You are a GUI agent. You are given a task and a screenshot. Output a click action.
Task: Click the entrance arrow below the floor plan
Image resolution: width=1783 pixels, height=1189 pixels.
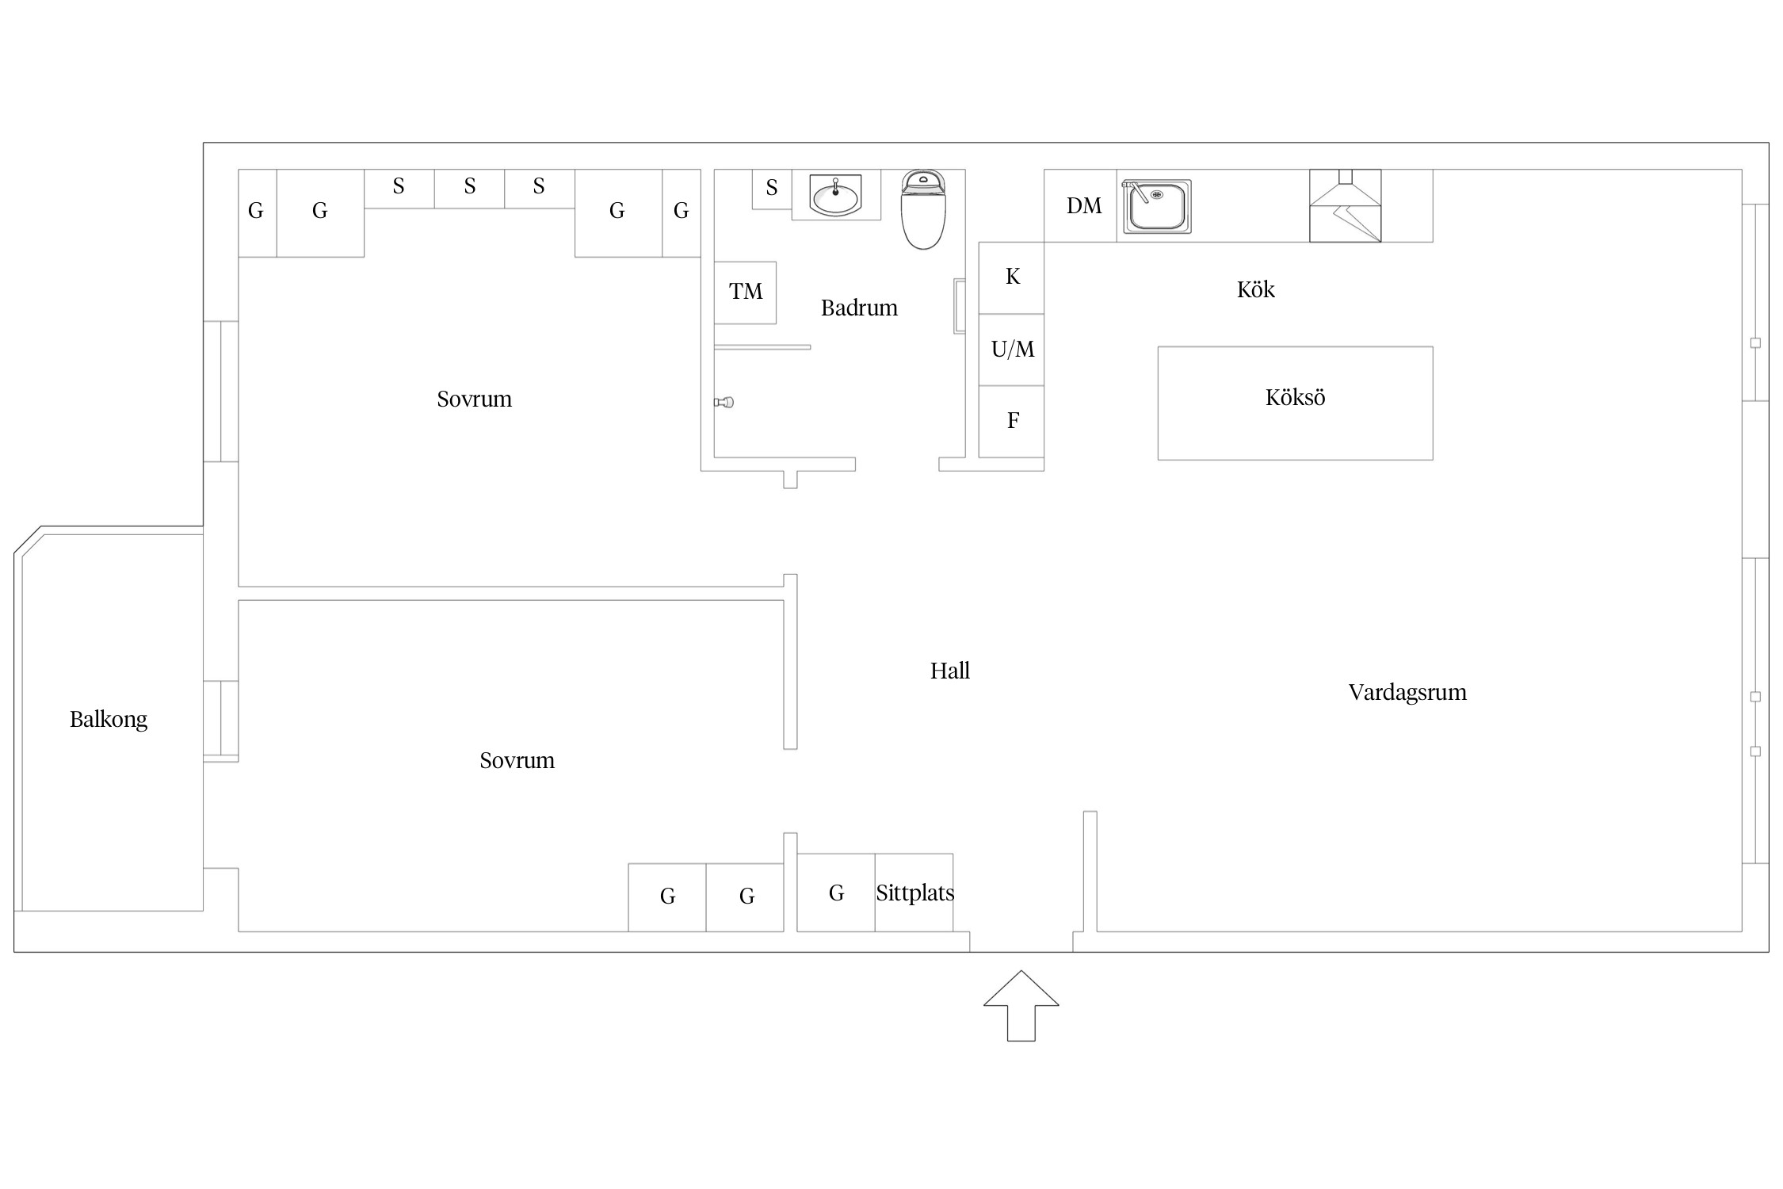1021,1005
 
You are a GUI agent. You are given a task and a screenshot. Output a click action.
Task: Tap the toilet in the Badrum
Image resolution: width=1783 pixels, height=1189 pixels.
923,209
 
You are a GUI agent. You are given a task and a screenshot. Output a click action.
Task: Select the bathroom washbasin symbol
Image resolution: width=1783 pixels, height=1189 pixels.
836,195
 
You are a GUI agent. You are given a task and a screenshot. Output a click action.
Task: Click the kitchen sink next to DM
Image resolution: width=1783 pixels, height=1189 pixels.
1157,207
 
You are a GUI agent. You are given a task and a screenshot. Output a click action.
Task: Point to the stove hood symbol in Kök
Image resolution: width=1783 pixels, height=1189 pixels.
1345,205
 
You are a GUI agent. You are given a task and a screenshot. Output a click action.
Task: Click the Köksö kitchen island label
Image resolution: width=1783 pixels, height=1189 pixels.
1295,397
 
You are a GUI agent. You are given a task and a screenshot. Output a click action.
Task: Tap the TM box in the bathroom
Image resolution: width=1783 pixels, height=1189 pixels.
745,292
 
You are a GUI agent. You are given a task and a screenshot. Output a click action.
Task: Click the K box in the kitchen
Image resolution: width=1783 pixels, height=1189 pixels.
1011,277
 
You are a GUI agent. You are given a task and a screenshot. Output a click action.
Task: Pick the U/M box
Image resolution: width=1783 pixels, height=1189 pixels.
1011,350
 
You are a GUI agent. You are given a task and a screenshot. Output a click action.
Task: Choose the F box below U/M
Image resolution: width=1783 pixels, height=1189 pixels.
1011,422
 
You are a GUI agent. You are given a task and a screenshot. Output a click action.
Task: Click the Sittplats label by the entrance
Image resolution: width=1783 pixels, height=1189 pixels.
914,893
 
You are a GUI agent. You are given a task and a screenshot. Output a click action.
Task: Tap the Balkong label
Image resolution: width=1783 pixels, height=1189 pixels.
109,720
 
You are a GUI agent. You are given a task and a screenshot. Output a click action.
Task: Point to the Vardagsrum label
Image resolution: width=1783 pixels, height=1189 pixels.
1407,693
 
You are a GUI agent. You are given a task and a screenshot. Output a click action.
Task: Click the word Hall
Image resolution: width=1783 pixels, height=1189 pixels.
949,671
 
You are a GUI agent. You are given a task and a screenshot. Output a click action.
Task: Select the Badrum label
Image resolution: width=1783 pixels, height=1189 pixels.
859,308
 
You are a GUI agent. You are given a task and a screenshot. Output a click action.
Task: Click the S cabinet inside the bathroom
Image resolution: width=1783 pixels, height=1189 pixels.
772,189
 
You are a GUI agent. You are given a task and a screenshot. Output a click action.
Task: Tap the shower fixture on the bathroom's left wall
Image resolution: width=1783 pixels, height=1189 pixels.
724,403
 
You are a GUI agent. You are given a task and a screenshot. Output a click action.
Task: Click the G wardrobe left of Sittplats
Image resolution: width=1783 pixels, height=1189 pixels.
836,893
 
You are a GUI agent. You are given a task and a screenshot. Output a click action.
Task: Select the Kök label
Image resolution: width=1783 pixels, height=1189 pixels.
1255,289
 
